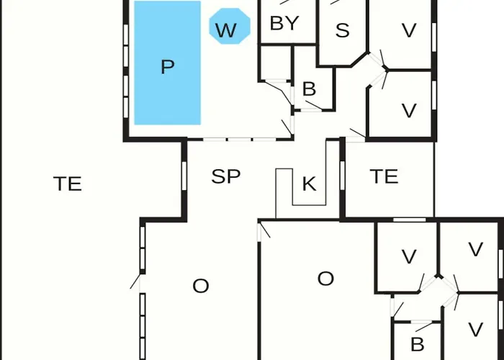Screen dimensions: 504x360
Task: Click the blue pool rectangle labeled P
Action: (x=168, y=63)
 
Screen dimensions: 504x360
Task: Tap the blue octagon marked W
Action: (x=230, y=26)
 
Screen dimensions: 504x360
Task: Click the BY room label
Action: (x=284, y=24)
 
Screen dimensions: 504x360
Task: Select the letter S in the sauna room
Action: (x=342, y=30)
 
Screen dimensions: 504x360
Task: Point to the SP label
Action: (x=226, y=176)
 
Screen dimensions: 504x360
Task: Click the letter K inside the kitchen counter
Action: (x=309, y=184)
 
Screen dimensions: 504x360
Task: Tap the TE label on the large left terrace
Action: (x=68, y=184)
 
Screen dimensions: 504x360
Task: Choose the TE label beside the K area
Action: (x=384, y=176)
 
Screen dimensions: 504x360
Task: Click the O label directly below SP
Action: (x=201, y=286)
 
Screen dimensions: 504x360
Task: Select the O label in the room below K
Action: (x=325, y=279)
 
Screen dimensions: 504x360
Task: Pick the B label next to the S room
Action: (x=309, y=89)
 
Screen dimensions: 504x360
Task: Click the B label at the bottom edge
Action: (x=418, y=345)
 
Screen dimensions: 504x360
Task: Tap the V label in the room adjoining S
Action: (x=409, y=30)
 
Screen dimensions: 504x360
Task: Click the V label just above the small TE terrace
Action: (x=409, y=111)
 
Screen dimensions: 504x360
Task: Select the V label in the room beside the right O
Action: (x=409, y=257)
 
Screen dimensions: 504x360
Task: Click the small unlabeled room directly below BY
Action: (x=276, y=63)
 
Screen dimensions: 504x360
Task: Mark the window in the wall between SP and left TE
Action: (x=184, y=176)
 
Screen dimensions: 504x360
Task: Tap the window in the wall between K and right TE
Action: (x=342, y=175)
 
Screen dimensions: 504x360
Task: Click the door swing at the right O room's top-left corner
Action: (x=264, y=230)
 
